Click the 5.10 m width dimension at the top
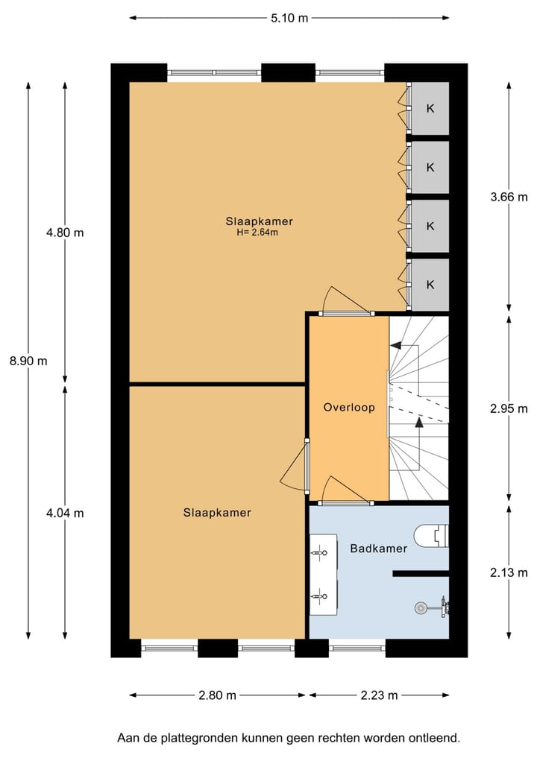pos(289,19)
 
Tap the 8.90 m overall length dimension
pos(28,361)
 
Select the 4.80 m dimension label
pos(65,233)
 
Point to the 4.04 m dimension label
pos(65,513)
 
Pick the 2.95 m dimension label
pos(509,408)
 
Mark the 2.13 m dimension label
pos(509,572)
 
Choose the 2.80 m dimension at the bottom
pos(217,695)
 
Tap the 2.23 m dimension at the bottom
pos(379,695)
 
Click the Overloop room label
pos(348,408)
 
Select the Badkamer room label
pos(378,549)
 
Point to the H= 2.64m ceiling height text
pos(257,233)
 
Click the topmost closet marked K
pos(430,109)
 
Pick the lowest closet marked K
pos(430,285)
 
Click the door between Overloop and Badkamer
pos(345,502)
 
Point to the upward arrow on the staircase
pos(419,423)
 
